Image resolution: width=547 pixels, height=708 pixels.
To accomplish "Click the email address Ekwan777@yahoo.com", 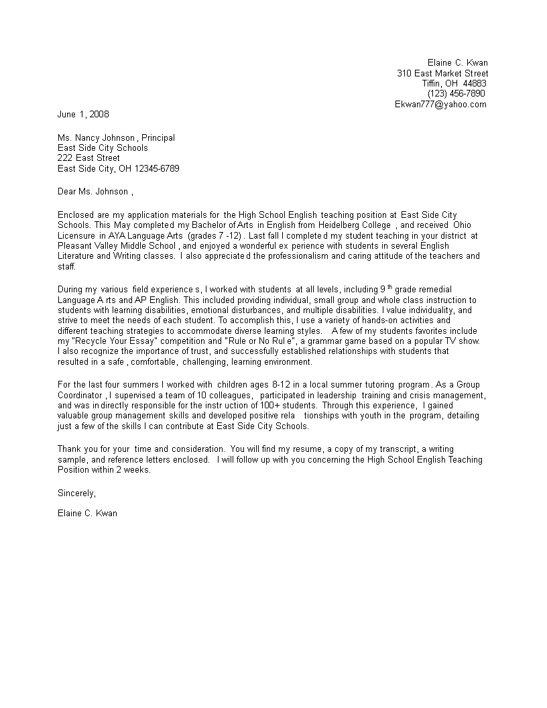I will [x=440, y=104].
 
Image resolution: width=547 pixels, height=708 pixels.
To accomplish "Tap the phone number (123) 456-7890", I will [x=456, y=93].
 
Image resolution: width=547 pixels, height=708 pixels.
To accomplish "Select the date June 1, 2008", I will [x=83, y=114].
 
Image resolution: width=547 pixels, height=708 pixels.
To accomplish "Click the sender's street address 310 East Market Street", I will [x=442, y=73].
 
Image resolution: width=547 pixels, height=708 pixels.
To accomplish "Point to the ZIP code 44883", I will [x=474, y=83].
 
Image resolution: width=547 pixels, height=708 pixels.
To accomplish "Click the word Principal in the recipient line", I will [x=158, y=137].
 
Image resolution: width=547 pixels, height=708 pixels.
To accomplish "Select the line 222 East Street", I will [x=88, y=158].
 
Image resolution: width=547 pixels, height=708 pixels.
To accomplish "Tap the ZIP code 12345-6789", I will [x=157, y=168].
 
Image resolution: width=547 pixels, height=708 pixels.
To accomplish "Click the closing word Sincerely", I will [x=76, y=493].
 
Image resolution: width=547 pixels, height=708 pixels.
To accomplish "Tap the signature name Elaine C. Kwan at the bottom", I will [x=88, y=514].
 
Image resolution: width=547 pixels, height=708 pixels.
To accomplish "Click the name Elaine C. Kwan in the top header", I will [x=458, y=62].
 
